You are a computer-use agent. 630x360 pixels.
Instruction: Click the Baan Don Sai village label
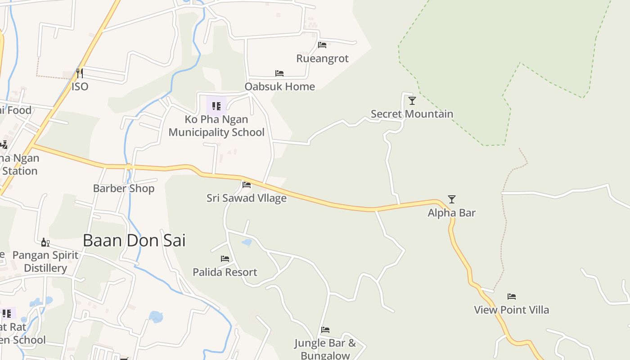pyautogui.click(x=134, y=240)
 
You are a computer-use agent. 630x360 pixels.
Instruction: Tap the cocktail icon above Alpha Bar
pyautogui.click(x=452, y=199)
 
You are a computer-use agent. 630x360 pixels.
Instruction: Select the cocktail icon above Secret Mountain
pyautogui.click(x=412, y=100)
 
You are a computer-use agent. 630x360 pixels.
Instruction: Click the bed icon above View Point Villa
pyautogui.click(x=512, y=296)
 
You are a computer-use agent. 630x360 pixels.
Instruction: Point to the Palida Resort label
pyautogui.click(x=225, y=272)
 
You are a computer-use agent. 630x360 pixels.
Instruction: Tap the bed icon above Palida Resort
pyautogui.click(x=225, y=259)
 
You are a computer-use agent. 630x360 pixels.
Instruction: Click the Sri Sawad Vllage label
pyautogui.click(x=247, y=198)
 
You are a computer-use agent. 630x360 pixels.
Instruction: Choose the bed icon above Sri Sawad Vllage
pyautogui.click(x=247, y=184)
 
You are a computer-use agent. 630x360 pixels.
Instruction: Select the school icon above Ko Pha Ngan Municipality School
pyautogui.click(x=216, y=106)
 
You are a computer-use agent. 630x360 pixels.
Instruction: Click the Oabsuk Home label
pyautogui.click(x=279, y=86)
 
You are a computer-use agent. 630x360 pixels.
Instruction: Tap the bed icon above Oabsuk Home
pyautogui.click(x=279, y=73)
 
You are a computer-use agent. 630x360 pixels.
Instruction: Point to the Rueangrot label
pyautogui.click(x=322, y=58)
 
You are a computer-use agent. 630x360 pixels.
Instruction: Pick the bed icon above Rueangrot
pyautogui.click(x=322, y=45)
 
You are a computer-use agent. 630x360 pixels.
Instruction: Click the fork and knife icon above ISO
pyautogui.click(x=80, y=73)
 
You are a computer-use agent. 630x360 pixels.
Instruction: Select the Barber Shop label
pyautogui.click(x=124, y=188)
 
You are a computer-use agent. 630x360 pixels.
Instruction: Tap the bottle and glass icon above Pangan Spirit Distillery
pyautogui.click(x=45, y=243)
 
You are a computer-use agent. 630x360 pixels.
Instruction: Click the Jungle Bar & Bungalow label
pyautogui.click(x=325, y=349)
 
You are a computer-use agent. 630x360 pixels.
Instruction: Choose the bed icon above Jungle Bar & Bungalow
pyautogui.click(x=325, y=330)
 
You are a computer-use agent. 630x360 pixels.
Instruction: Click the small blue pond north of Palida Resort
pyautogui.click(x=247, y=243)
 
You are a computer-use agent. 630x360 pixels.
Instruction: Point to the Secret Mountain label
pyautogui.click(x=412, y=114)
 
